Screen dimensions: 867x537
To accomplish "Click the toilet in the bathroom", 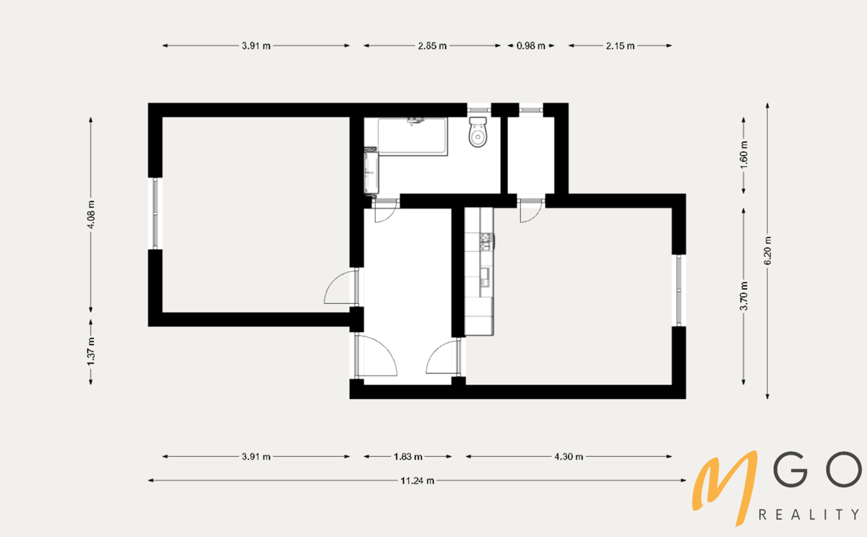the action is tap(478, 132).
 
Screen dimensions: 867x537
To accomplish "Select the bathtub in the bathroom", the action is tap(413, 137).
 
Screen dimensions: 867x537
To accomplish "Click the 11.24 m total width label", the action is tap(418, 481).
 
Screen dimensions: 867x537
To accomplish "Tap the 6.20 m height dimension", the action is tap(767, 251).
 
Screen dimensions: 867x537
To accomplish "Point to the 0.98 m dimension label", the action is tap(530, 45).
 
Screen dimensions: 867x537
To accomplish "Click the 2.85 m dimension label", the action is tap(432, 45).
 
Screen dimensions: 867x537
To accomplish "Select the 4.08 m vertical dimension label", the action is tap(91, 214).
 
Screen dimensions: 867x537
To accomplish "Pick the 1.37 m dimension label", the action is tap(91, 352).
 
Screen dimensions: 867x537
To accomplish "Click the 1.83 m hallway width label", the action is tap(407, 457).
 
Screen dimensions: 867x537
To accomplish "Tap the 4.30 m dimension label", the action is tap(569, 457).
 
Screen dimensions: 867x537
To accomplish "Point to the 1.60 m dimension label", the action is tap(743, 155).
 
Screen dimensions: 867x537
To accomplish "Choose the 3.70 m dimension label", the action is tap(743, 296).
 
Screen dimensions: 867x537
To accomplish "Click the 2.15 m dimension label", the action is tap(620, 45).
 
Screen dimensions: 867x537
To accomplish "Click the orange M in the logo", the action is tap(724, 487).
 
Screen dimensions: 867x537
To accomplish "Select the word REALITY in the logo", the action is tap(808, 515).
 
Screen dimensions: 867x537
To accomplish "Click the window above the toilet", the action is tap(479, 110).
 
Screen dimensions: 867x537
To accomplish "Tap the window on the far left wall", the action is tap(155, 214).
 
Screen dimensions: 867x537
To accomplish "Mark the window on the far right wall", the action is tap(679, 290).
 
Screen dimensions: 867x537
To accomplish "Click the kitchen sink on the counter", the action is tap(485, 277).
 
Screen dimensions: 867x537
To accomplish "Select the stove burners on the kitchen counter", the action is tap(486, 242).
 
